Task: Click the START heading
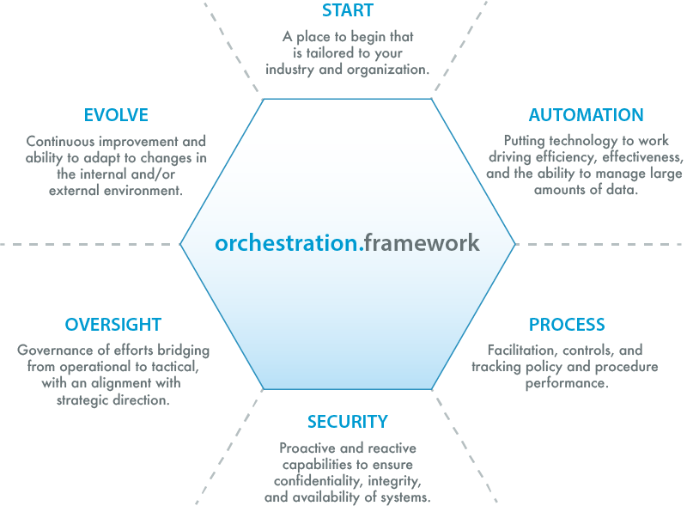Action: [x=348, y=10]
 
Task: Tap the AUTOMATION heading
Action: [x=586, y=115]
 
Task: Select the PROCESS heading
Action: [x=567, y=325]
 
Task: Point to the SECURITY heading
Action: [x=348, y=422]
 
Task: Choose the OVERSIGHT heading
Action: [x=112, y=325]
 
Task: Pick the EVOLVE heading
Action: [x=116, y=115]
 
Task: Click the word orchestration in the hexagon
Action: [x=287, y=243]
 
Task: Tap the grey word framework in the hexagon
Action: [x=421, y=243]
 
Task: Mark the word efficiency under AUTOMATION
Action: [x=564, y=158]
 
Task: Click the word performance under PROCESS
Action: [x=566, y=383]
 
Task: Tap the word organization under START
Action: [x=384, y=70]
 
